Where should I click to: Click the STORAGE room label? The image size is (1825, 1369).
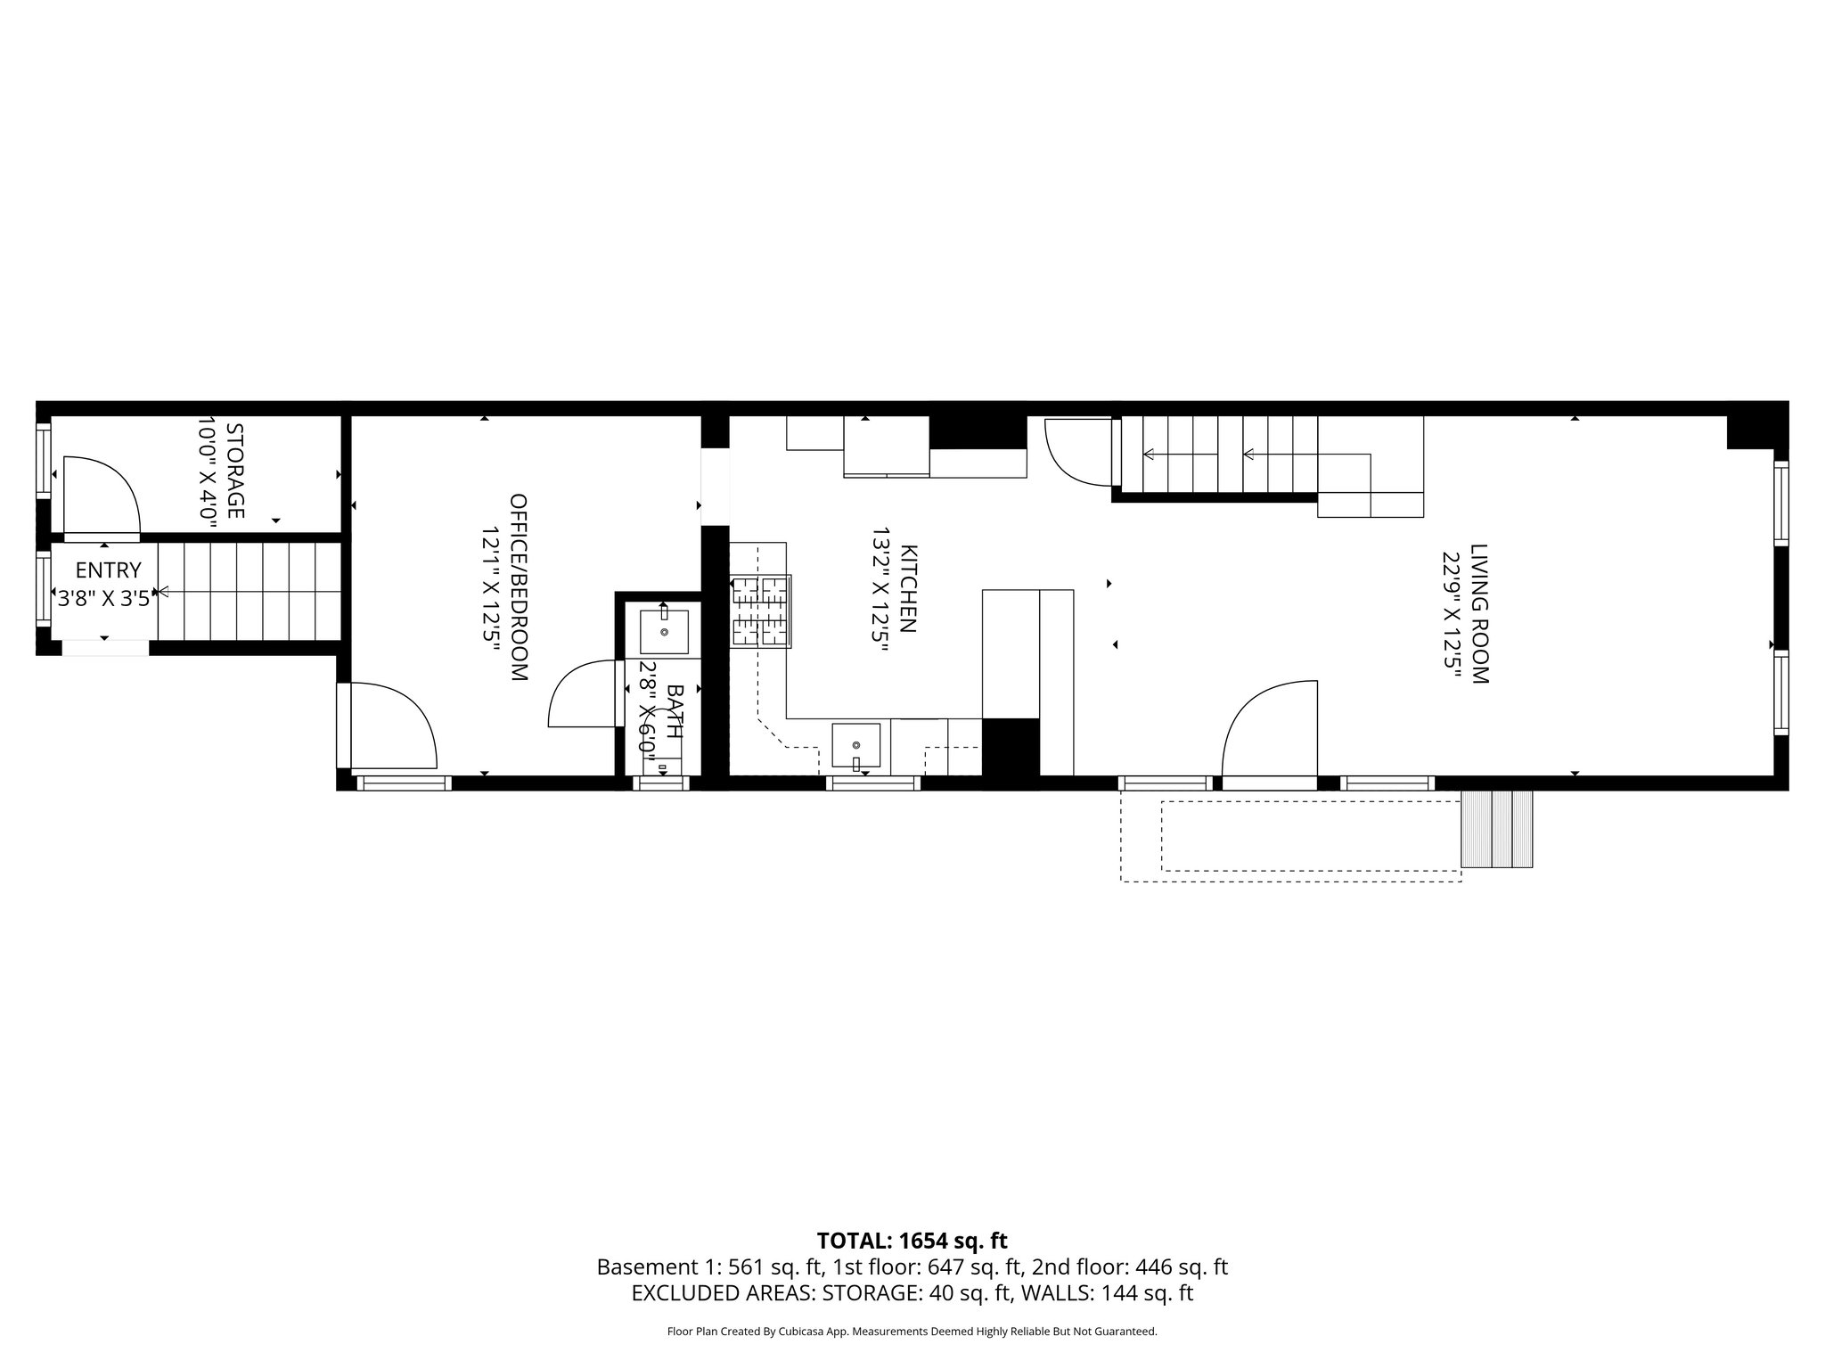(x=235, y=471)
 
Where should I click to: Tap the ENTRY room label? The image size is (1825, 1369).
(x=108, y=570)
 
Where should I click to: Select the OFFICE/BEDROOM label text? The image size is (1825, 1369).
(x=518, y=588)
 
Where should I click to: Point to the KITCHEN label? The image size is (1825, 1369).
(x=907, y=588)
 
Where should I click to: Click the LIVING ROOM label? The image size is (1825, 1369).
(x=1479, y=614)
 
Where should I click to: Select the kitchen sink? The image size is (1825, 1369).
(x=855, y=745)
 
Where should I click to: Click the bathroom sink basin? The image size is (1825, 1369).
(x=664, y=631)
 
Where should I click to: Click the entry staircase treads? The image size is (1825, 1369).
(x=250, y=592)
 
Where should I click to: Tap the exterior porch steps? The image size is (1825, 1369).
(x=1497, y=829)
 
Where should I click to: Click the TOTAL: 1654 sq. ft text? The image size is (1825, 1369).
(x=912, y=1241)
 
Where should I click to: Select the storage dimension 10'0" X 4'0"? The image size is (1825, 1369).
(x=207, y=471)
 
